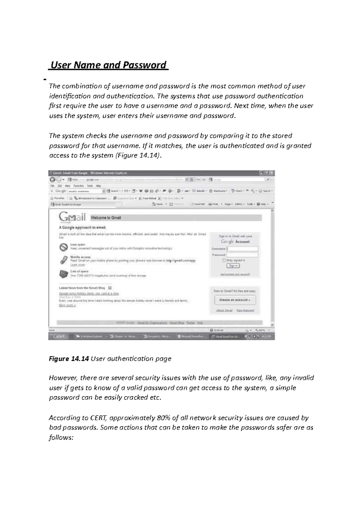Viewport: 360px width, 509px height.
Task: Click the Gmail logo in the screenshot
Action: [x=72, y=217]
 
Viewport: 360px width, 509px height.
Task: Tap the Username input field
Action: [x=242, y=249]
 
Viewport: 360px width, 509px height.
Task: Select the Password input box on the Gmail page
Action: [x=242, y=255]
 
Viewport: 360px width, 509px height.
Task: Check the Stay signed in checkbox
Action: [x=224, y=260]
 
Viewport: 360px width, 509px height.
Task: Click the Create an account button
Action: [x=235, y=300]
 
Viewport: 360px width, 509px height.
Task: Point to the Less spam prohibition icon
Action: [x=64, y=247]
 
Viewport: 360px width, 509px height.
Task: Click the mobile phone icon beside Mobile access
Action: [x=64, y=260]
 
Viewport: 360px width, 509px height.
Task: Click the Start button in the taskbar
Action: [x=58, y=337]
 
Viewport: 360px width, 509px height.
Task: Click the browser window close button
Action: [x=271, y=173]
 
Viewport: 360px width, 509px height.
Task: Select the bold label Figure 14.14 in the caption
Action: [x=69, y=359]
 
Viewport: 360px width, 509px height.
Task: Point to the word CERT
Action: [x=97, y=418]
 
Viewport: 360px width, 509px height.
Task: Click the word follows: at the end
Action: [x=61, y=438]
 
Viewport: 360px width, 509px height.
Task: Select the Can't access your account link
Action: [x=235, y=274]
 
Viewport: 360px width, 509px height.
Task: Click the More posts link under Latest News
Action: [x=67, y=305]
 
